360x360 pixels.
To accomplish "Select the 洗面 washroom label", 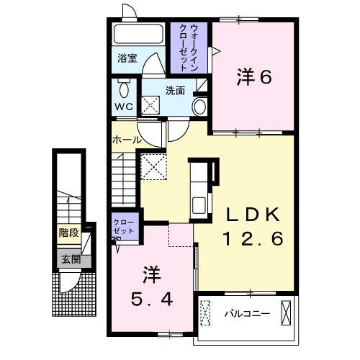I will [176, 91].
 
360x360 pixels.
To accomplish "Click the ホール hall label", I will [126, 140].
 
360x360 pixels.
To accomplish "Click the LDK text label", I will [258, 214].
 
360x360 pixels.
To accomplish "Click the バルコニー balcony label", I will [246, 314].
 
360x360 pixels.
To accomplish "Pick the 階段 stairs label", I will [69, 233].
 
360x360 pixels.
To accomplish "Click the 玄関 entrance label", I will [70, 260].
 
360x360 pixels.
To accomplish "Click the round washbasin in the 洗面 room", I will [200, 107].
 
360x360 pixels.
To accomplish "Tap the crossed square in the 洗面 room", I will [152, 106].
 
